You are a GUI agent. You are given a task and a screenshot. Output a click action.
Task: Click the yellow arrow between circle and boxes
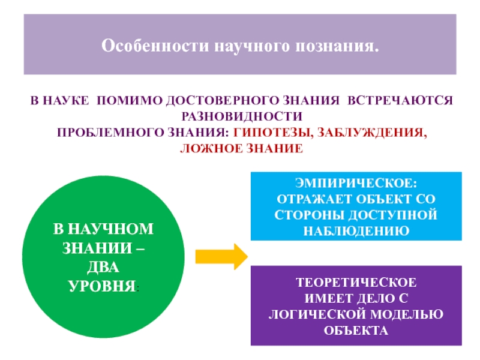[x=221, y=257]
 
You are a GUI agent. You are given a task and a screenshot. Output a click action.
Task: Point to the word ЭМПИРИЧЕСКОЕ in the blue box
[x=357, y=183]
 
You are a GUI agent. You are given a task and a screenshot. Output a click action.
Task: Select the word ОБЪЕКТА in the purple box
[x=356, y=329]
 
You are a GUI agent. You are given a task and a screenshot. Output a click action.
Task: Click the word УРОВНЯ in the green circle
[x=102, y=280]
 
